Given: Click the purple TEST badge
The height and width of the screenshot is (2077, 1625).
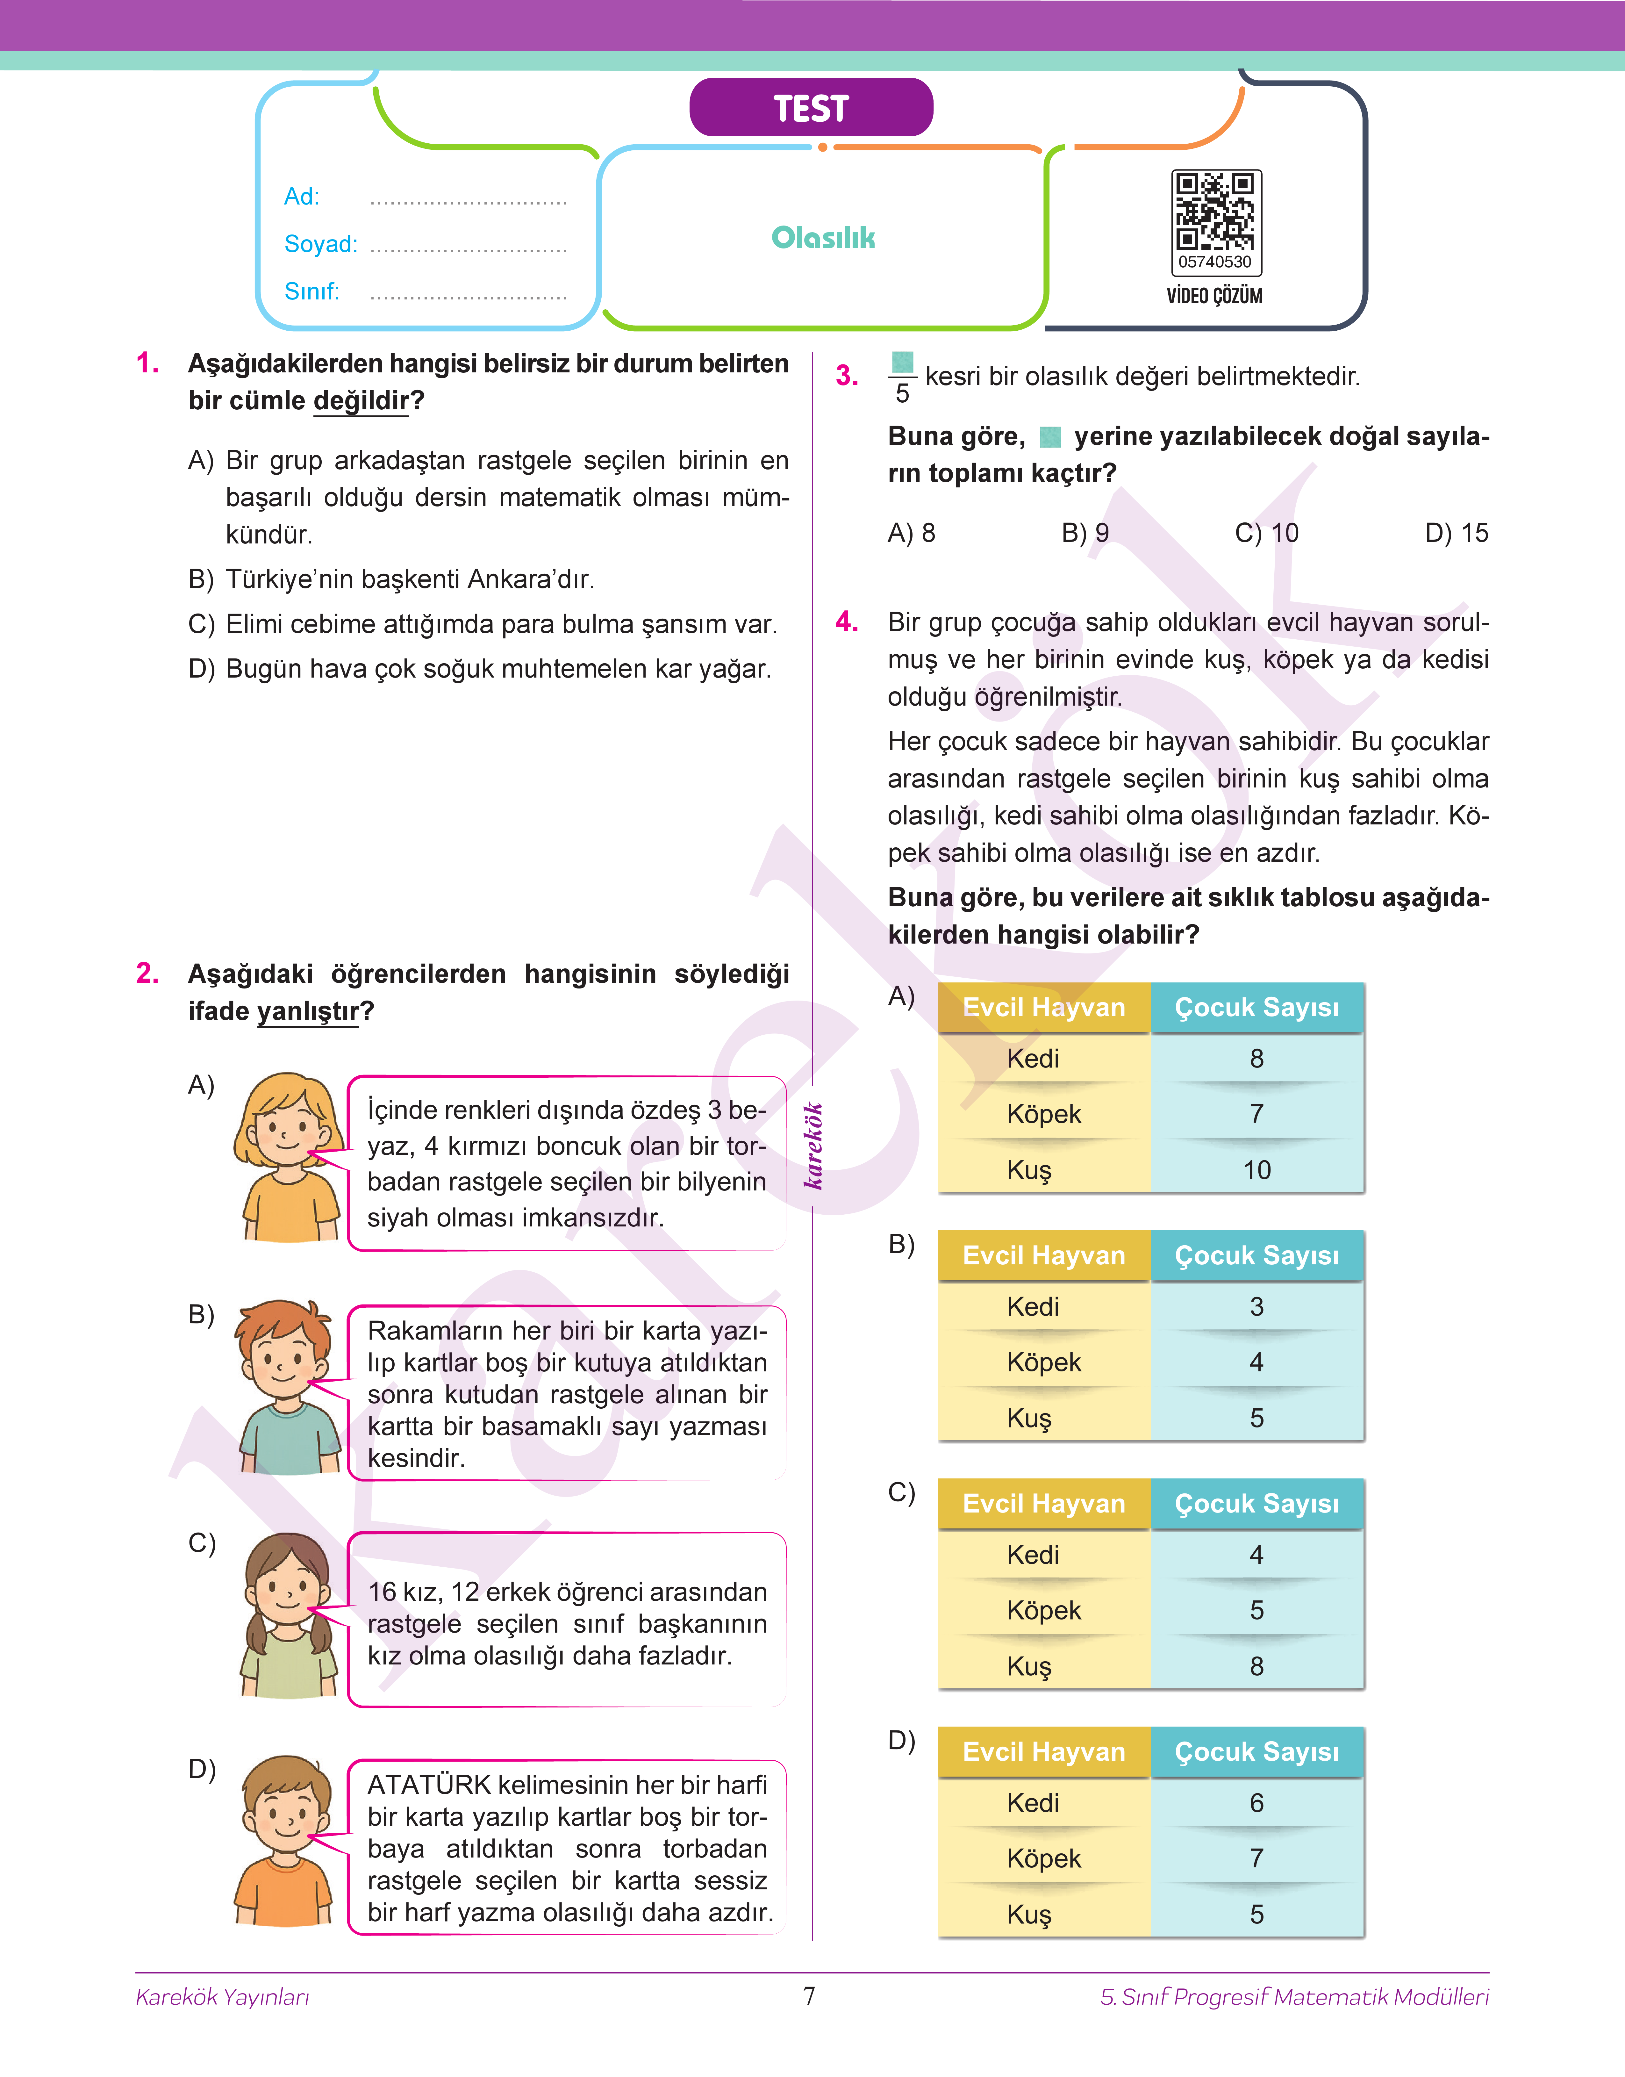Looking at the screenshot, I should click(x=811, y=107).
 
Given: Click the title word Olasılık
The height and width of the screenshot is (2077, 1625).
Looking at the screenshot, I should click(x=823, y=238).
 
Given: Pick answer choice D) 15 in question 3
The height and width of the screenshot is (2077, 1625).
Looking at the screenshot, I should click(x=1456, y=533).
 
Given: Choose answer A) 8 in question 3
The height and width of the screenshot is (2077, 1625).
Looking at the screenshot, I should click(x=911, y=533).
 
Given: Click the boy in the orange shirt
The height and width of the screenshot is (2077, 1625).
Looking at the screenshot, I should click(x=285, y=1841).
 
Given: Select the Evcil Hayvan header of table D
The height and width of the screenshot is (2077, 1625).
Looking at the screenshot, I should click(x=1044, y=1752).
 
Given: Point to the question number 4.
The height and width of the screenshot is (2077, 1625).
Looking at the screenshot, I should click(x=846, y=622).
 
